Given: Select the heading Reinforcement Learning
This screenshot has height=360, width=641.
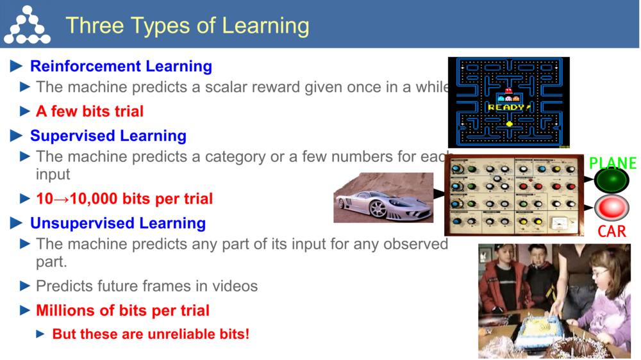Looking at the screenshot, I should tap(121, 66).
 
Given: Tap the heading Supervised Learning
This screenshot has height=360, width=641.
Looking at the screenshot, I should tap(108, 136).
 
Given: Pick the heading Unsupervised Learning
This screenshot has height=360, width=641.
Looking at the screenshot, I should tap(118, 223).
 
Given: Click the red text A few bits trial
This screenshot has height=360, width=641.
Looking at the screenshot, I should tap(90, 111).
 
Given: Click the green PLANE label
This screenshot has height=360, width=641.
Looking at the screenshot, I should tap(613, 163).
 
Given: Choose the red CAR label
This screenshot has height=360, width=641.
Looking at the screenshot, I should tap(612, 231).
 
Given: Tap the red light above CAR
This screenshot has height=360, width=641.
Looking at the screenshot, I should tap(612, 208).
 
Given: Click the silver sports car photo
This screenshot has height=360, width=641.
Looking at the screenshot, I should tap(379, 197).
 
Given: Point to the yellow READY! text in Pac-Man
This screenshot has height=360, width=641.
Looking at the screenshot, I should tap(510, 108).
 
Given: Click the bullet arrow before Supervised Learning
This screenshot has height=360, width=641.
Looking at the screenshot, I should tap(17, 136).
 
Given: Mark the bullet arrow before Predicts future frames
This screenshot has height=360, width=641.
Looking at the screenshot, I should tap(26, 286).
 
